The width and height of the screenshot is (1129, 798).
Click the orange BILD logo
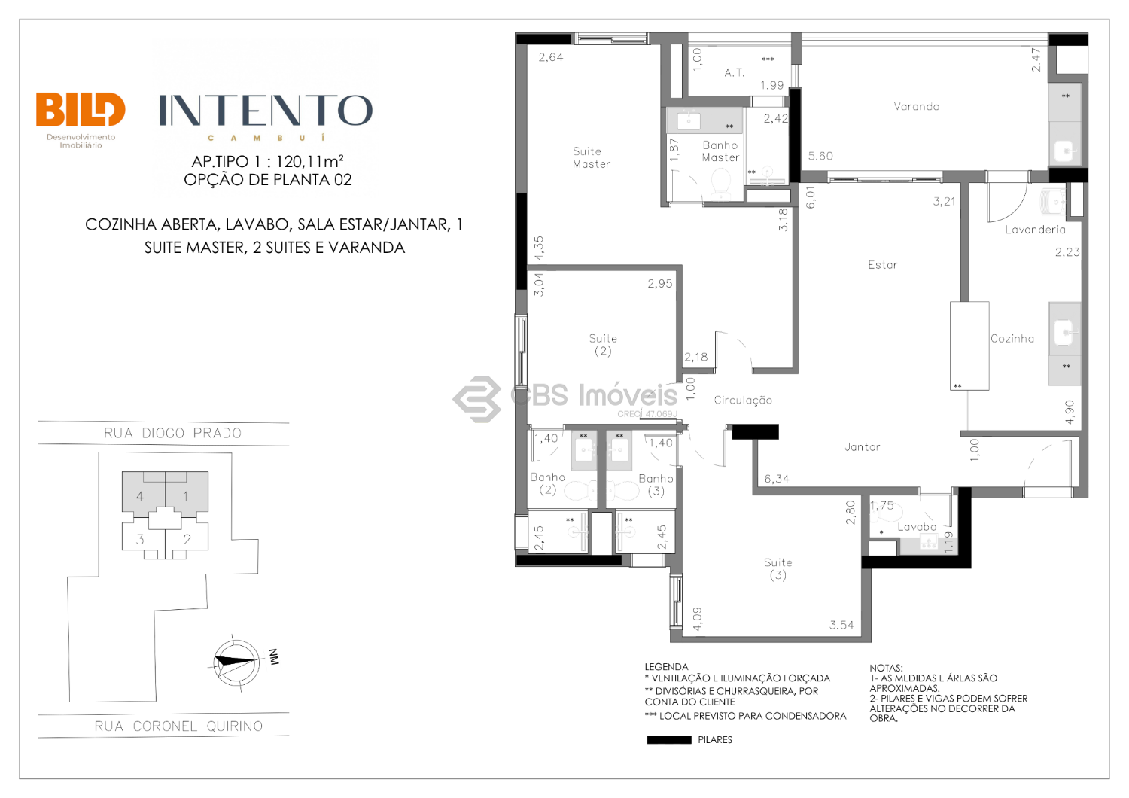pos(81,109)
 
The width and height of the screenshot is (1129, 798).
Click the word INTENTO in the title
pos(266,111)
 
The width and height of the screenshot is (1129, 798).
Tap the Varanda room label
pos(916,106)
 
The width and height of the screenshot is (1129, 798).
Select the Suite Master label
pos(591,157)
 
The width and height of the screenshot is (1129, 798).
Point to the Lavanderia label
pos(1035,230)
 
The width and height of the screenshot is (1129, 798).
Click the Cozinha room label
pos(1012,338)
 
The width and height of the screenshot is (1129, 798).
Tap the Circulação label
pos(743,401)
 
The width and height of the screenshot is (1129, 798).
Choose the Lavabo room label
pos(917,527)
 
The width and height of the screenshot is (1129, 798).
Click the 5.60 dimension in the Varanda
pos(820,156)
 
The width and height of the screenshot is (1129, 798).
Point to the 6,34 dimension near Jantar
pos(777,479)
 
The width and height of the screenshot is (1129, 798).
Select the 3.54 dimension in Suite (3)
pos(841,625)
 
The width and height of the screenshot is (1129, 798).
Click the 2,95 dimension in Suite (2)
pos(660,283)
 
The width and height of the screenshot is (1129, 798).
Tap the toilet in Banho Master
pos(720,184)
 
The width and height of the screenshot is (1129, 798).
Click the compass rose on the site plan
pos(236,661)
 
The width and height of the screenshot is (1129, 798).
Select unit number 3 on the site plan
pos(140,539)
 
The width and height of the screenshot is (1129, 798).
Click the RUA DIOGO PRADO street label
pos(173,433)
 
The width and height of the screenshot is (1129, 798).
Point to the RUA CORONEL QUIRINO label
pos(178,726)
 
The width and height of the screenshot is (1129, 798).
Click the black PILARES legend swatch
pos(669,739)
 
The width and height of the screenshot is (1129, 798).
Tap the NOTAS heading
pos(886,668)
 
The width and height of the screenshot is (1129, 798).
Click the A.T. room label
pos(735,72)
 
